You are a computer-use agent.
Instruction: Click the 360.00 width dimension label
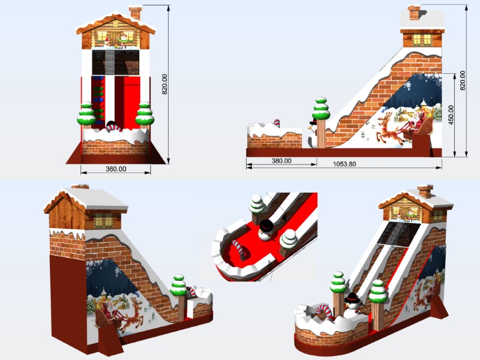pyautogui.click(x=116, y=169)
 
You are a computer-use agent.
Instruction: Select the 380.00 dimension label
pyautogui.click(x=281, y=161)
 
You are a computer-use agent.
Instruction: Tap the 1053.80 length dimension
pyautogui.click(x=344, y=164)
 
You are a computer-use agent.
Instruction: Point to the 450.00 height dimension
pyautogui.click(x=451, y=115)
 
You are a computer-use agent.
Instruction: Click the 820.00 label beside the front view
pyautogui.click(x=164, y=84)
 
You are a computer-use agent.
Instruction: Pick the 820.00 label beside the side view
pyautogui.click(x=463, y=80)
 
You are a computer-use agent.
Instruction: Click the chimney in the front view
pyautogui.click(x=136, y=13)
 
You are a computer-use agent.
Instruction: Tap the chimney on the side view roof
pyautogui.click(x=414, y=13)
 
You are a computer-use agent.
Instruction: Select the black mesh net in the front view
pyautogui.click(x=115, y=62)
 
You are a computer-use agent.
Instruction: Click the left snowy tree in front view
pyautogui.click(x=86, y=114)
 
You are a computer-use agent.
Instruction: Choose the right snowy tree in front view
pyautogui.click(x=145, y=114)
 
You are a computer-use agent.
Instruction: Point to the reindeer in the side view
pyautogui.click(x=391, y=128)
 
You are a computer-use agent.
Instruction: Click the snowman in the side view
pyautogui.click(x=313, y=133)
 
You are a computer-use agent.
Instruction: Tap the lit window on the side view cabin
pyautogui.click(x=422, y=40)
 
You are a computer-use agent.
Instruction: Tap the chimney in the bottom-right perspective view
pyautogui.click(x=426, y=191)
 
